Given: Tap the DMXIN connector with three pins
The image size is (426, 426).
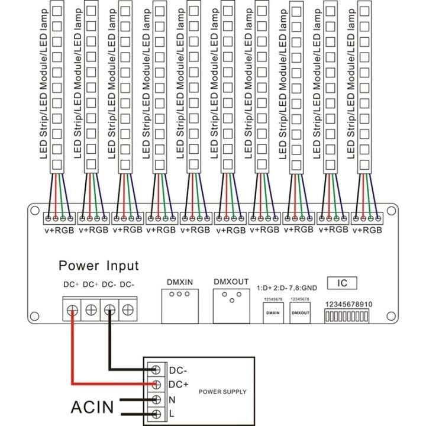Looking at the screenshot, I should (176, 305).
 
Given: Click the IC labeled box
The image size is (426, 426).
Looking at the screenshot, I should (342, 283).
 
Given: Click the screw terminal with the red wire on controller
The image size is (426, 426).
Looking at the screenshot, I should (72, 309).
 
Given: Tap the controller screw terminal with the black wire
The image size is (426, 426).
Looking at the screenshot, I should (109, 309).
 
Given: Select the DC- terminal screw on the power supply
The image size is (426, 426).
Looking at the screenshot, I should (156, 370).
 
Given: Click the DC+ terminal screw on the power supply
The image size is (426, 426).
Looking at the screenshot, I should (156, 385).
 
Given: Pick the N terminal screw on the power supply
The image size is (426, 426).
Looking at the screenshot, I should (156, 399).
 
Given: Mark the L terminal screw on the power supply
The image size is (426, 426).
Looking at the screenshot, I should (156, 414).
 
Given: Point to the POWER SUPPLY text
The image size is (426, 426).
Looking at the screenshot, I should (222, 392).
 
